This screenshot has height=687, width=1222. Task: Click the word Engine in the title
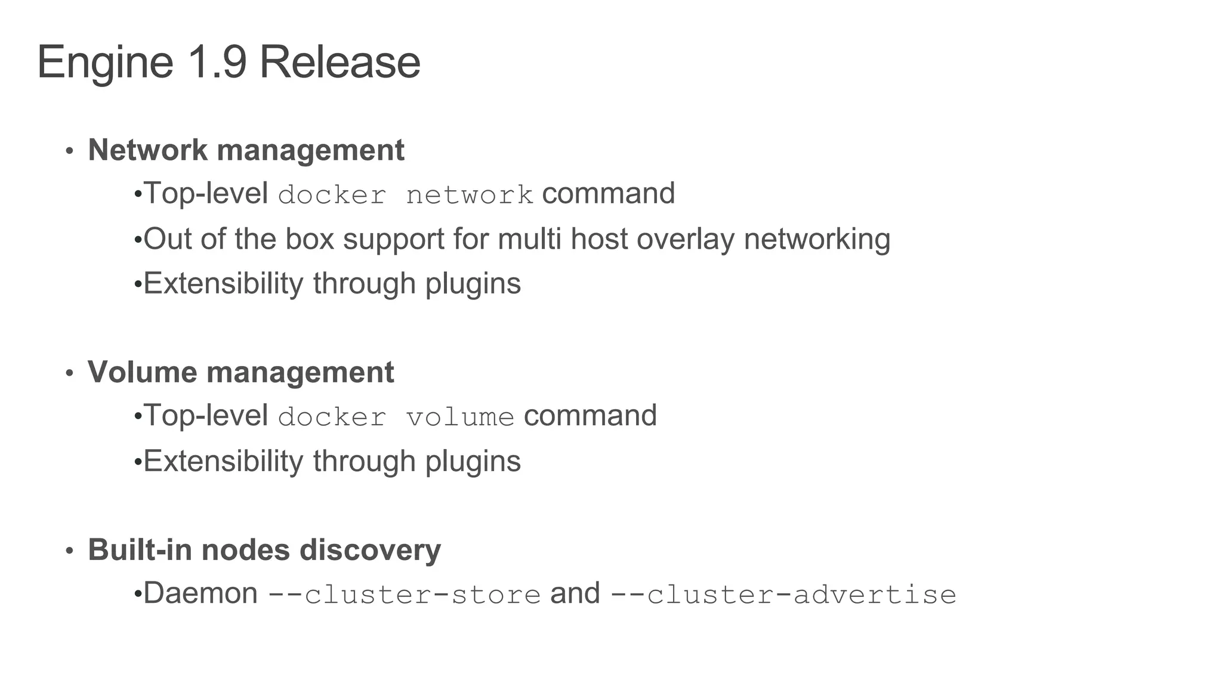(x=105, y=63)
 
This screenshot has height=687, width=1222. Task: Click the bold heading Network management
(x=246, y=150)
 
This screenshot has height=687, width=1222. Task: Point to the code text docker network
(x=406, y=195)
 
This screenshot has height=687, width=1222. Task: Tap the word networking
(x=817, y=239)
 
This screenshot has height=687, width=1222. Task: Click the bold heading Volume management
(x=240, y=372)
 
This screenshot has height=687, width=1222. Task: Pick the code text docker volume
(x=396, y=417)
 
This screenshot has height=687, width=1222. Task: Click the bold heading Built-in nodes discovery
(x=264, y=549)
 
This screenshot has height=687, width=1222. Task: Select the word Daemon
(x=200, y=593)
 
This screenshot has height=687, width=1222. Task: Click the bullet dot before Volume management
(x=69, y=374)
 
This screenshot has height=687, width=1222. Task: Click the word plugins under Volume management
(x=473, y=462)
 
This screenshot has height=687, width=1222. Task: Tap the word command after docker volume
(x=590, y=416)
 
